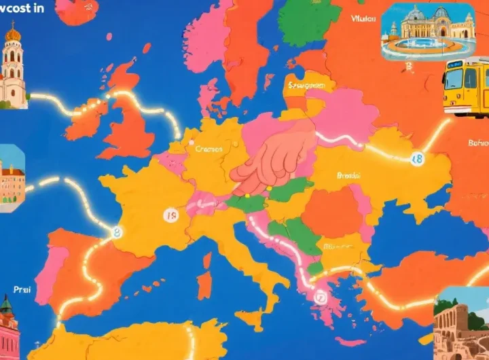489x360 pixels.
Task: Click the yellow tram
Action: [x=466, y=87]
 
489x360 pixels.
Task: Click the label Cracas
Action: [x=208, y=149]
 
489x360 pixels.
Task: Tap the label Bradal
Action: [x=350, y=175]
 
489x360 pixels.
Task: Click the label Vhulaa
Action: [x=364, y=19]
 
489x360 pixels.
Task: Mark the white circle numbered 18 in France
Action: [x=171, y=216]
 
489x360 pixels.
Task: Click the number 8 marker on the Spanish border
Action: [x=117, y=232]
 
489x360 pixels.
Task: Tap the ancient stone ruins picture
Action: [x=462, y=326]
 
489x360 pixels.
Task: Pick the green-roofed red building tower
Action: [x=8, y=326]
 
